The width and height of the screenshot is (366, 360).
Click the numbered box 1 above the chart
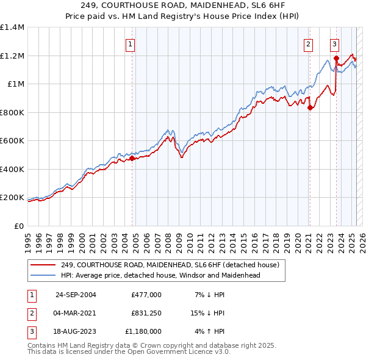pyautogui.click(x=131, y=44)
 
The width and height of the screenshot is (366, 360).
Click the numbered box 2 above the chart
pyautogui.click(x=309, y=44)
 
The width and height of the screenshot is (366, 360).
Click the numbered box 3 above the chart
pyautogui.click(x=335, y=44)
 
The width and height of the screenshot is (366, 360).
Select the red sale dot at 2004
pyautogui.click(x=132, y=159)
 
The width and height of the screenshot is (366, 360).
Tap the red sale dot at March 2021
pyautogui.click(x=310, y=108)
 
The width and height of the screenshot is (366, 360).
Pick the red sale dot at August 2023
pyautogui.click(x=336, y=59)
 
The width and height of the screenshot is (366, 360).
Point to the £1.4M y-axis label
pyautogui.click(x=12, y=27)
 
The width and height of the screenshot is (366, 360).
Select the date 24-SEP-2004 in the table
pyautogui.click(x=76, y=295)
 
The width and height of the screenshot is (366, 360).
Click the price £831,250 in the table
pyautogui.click(x=146, y=313)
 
